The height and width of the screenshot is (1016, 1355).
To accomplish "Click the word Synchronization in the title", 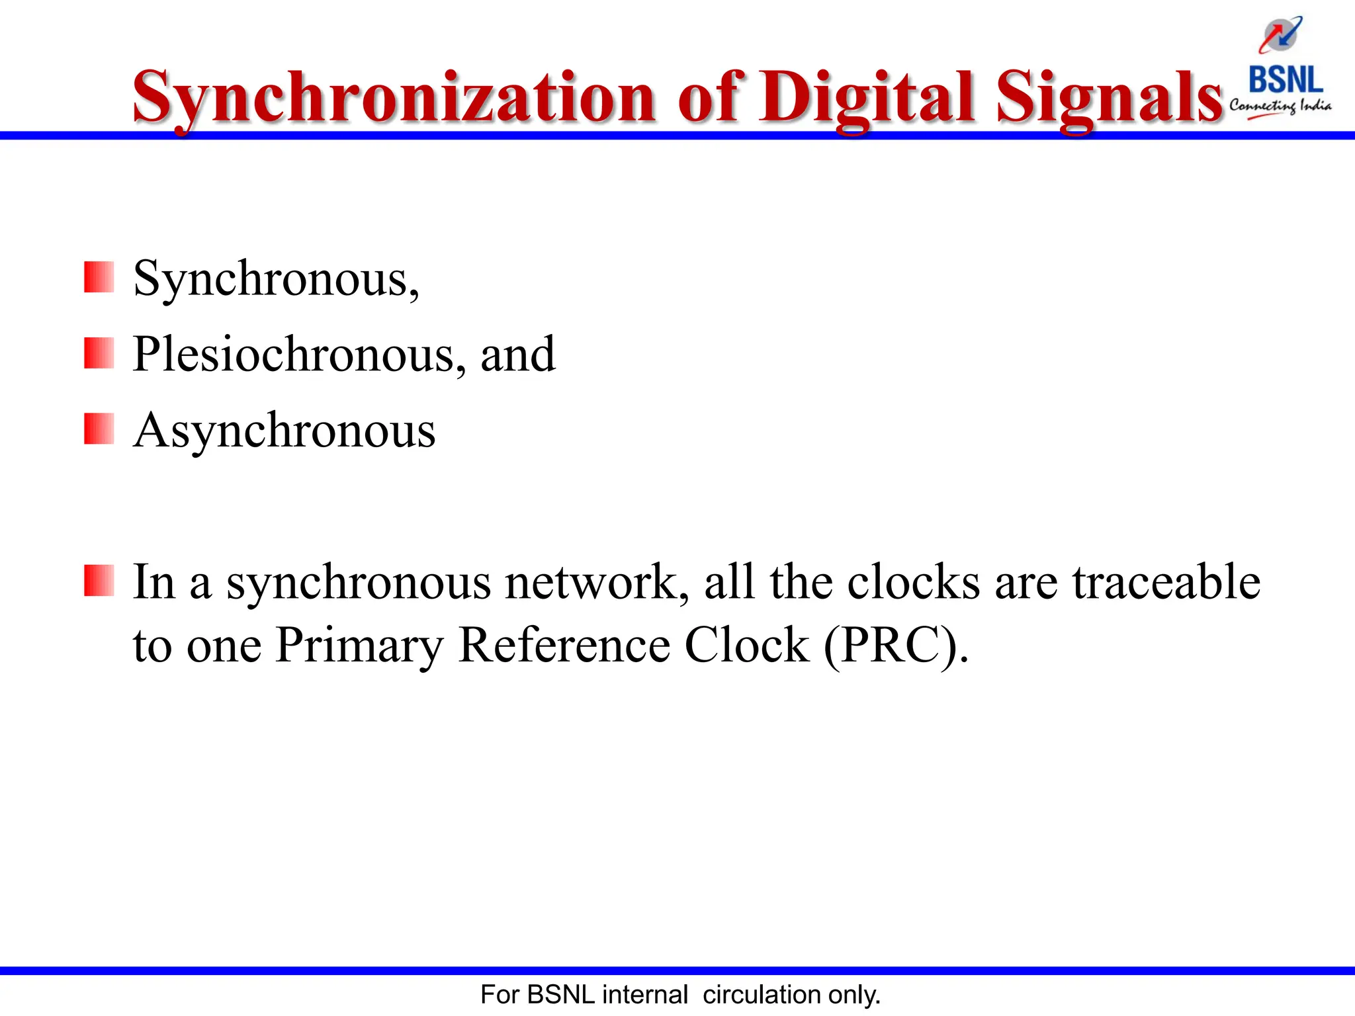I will [x=394, y=98].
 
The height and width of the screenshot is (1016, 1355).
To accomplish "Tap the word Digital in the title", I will [x=867, y=98].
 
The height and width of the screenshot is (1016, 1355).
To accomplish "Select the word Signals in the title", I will [x=1110, y=98].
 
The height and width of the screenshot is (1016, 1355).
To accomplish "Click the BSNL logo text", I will [x=1285, y=80].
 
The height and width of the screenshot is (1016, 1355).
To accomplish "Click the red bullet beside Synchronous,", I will [x=99, y=276].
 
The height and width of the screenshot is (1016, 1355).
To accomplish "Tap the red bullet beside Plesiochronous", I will [x=99, y=353].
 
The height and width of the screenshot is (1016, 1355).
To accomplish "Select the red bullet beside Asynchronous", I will [x=99, y=429].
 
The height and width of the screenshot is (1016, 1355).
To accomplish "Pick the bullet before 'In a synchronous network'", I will [x=99, y=580].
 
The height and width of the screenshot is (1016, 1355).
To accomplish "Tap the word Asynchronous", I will [x=284, y=431].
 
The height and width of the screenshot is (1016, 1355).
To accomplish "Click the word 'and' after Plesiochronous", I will [x=517, y=355].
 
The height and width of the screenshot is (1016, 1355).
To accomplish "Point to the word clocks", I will [x=914, y=582].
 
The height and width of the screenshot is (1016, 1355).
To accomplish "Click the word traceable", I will [x=1166, y=582].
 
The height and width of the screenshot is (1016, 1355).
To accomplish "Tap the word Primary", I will [x=359, y=645].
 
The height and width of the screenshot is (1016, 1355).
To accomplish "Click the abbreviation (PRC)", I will [x=895, y=645].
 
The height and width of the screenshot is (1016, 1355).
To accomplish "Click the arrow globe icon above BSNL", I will [x=1281, y=34].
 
